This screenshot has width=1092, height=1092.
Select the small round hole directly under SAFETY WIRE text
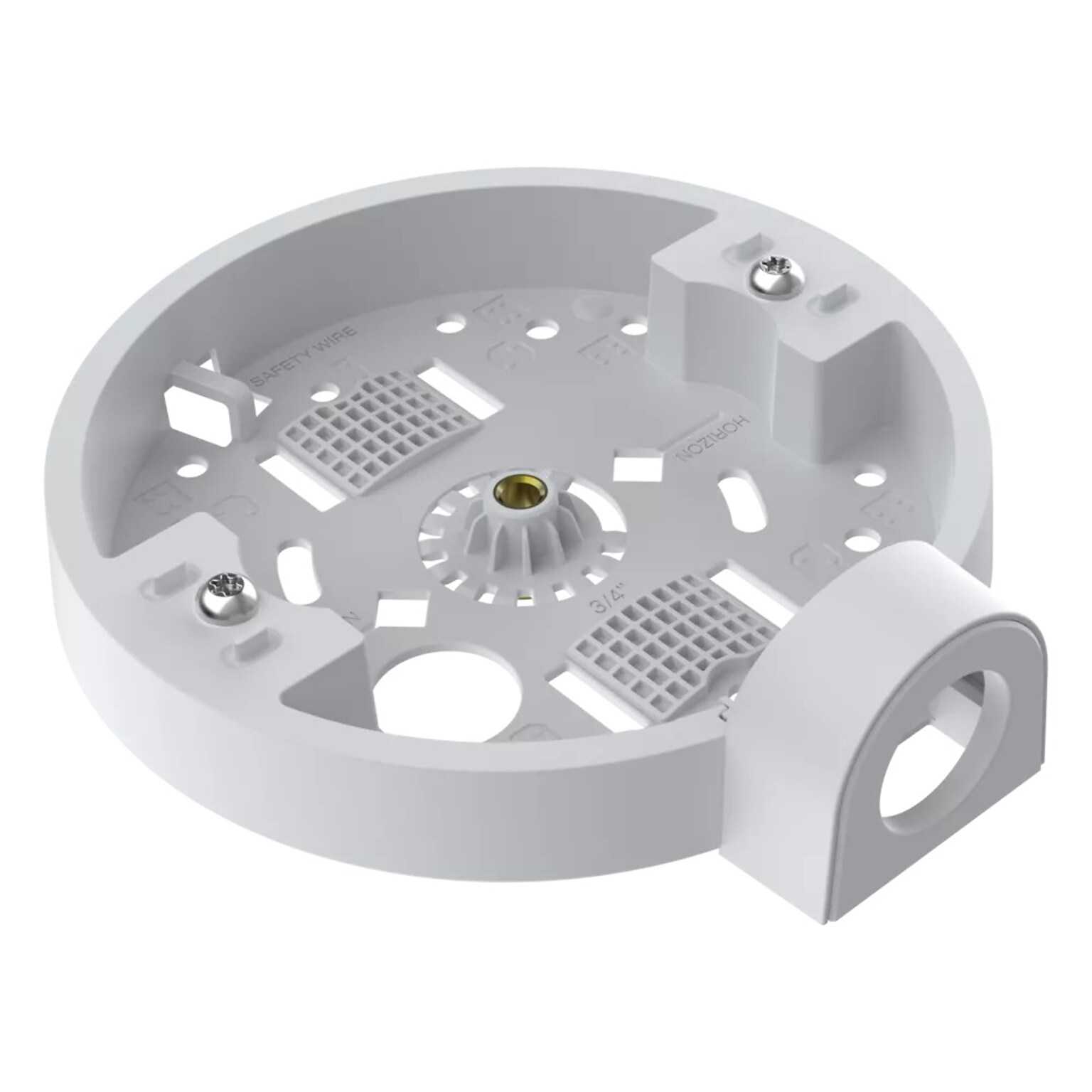click(x=328, y=392)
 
